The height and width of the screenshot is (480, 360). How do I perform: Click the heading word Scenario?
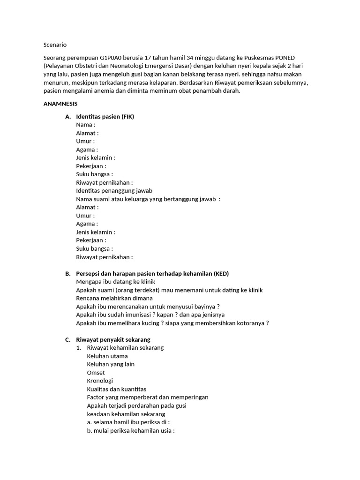tap(55, 45)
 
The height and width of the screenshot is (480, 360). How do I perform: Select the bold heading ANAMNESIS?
tap(60, 103)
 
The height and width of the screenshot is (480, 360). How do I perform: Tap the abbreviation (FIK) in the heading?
tap(127, 117)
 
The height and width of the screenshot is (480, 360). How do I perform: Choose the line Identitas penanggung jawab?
tap(114, 191)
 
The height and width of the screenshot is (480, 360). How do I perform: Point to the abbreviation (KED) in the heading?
tap(221, 273)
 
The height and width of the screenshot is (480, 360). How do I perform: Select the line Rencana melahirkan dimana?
tap(114, 298)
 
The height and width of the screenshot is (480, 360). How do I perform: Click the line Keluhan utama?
tap(107, 356)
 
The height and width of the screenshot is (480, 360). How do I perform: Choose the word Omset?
tap(96, 373)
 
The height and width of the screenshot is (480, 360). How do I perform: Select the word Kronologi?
tap(100, 381)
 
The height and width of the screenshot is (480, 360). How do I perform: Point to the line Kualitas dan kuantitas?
tap(117, 389)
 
